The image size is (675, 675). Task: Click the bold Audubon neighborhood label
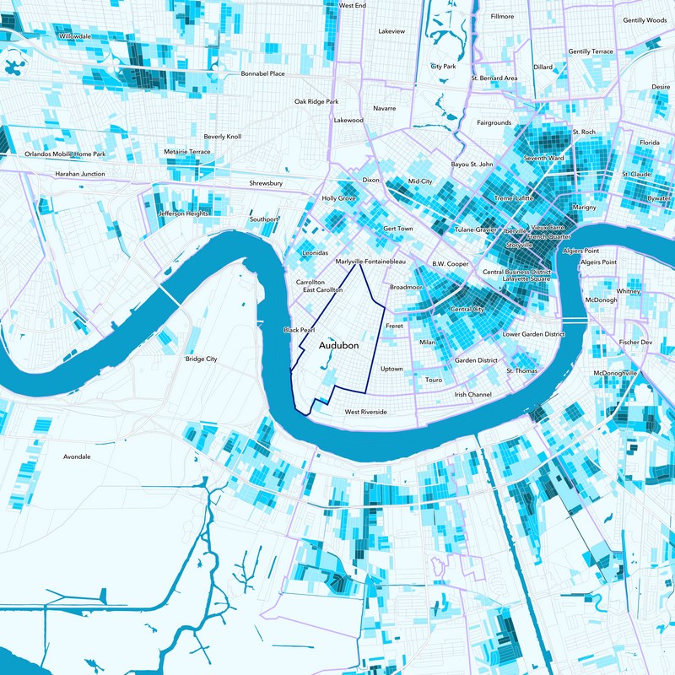coord(340,346)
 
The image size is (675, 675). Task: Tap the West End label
coord(352,5)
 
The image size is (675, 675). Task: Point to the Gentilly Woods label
coord(645,20)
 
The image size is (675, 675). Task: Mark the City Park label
coord(443,66)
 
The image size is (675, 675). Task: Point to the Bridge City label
coord(201,359)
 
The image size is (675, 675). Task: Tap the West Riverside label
coord(365,412)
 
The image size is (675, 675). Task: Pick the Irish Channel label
coord(472,394)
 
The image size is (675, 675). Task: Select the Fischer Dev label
coord(635,343)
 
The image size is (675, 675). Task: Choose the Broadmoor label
coord(406,287)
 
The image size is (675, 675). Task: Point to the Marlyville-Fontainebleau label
coord(371,262)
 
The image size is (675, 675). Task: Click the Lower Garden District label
coord(533,334)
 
